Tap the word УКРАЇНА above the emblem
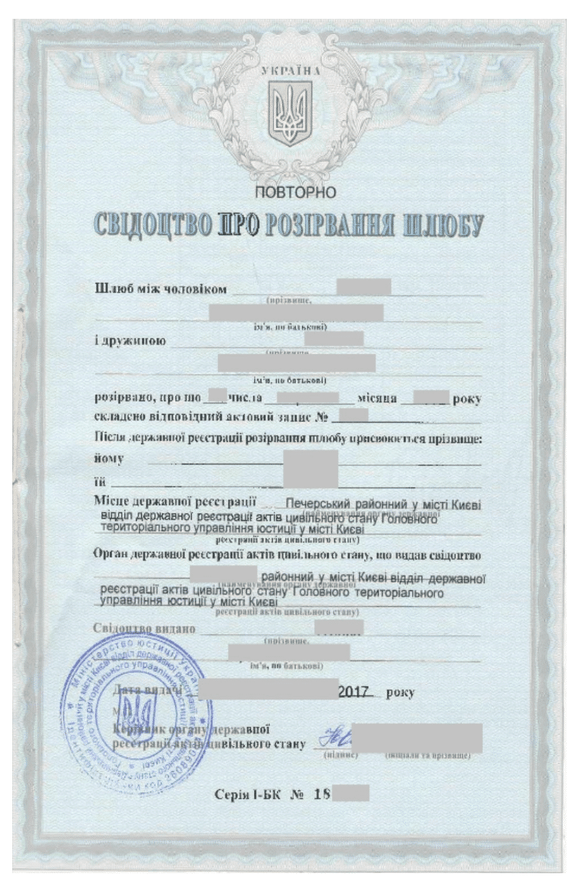coord(290,73)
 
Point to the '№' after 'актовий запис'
coord(326,417)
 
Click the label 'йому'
coord(106,459)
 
